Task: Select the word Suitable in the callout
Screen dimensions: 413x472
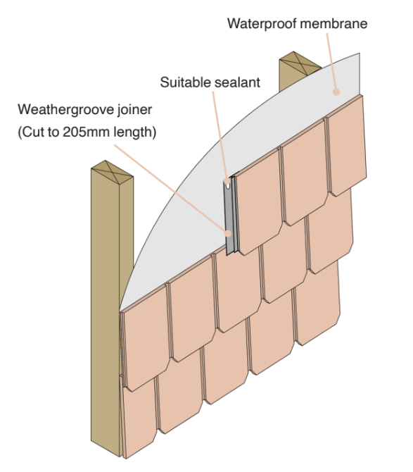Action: [x=184, y=82]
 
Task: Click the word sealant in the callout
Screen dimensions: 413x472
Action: [x=235, y=82]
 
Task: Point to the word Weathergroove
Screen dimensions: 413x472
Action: [x=66, y=110]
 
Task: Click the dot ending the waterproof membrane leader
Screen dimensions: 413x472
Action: [x=336, y=92]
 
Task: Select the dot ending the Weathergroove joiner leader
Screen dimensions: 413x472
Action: [x=228, y=233]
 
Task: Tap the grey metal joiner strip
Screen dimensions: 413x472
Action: [x=231, y=216]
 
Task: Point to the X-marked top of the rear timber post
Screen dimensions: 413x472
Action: [x=300, y=63]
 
